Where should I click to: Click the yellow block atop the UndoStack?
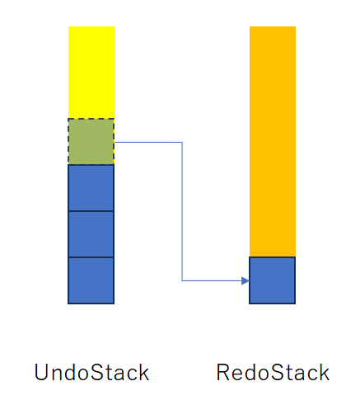pos(91,73)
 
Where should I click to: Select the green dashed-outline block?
pos(91,142)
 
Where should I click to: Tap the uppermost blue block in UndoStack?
pos(91,188)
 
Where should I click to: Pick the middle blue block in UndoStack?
pos(91,234)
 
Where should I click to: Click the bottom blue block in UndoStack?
pos(91,280)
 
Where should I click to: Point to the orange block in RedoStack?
pos(273,142)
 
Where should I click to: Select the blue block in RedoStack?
pos(273,280)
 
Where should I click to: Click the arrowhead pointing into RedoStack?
pos(245,280)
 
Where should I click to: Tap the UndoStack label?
pos(91,372)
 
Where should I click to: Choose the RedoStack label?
pos(273,372)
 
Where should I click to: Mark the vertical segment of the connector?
pos(182,211)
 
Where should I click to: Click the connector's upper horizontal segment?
pos(148,143)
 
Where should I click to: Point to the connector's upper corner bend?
pos(182,143)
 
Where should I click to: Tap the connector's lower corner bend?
pos(182,280)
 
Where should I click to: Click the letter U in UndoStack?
pos(42,372)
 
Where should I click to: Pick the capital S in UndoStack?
pos(97,372)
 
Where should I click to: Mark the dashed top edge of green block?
pos(91,119)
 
